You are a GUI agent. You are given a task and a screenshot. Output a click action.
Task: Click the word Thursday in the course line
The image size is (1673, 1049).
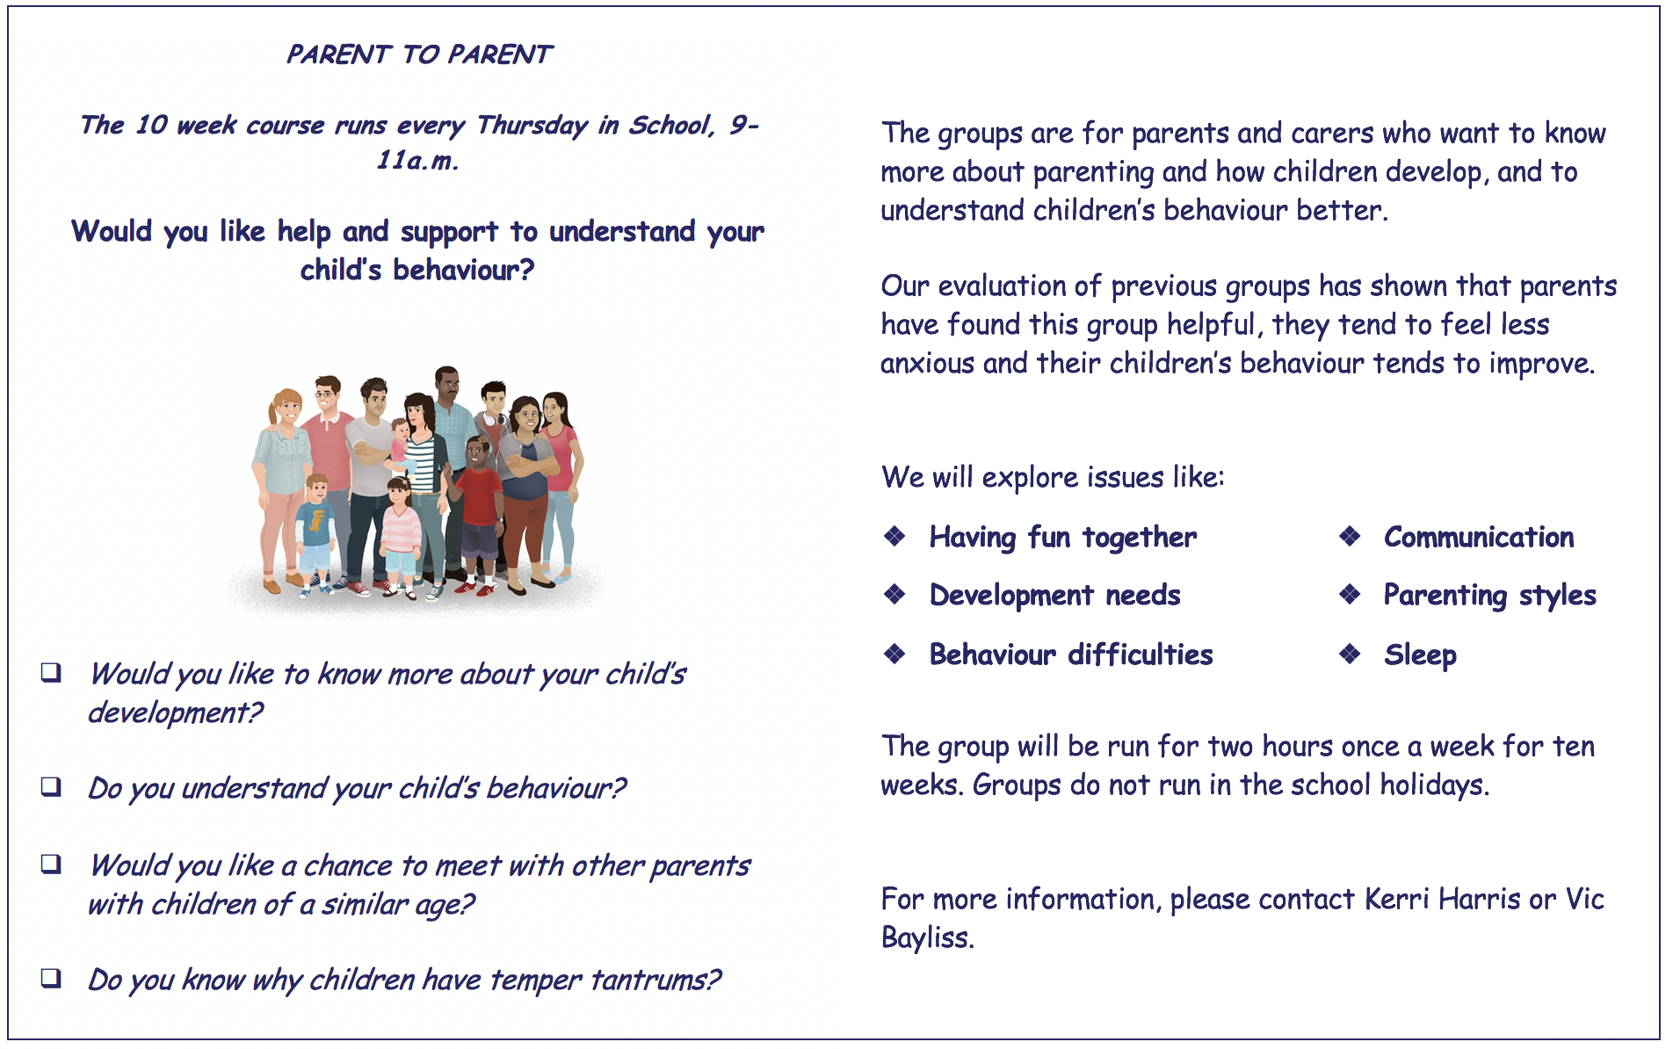pyautogui.click(x=532, y=126)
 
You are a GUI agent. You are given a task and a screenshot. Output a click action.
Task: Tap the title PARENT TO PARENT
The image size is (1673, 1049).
pyautogui.click(x=419, y=54)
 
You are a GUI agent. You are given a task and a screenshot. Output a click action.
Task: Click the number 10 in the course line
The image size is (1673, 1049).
pyautogui.click(x=151, y=125)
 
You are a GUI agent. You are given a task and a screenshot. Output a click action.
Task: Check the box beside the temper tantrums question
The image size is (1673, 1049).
pyautogui.click(x=51, y=977)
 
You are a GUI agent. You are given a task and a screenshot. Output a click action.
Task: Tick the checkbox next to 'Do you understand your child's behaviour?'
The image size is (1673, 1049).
pyautogui.click(x=51, y=785)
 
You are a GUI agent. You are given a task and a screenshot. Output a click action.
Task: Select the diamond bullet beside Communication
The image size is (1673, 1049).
pyautogui.click(x=1350, y=536)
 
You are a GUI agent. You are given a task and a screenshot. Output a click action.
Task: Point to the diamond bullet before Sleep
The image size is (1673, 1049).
pyautogui.click(x=1350, y=654)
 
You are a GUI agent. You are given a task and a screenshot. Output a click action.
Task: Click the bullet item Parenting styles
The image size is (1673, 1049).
pyautogui.click(x=1489, y=596)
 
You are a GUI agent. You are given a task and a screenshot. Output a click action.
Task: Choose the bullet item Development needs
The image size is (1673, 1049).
pyautogui.click(x=1054, y=596)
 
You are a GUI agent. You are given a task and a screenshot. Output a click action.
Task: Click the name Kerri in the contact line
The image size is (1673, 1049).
pyautogui.click(x=1397, y=899)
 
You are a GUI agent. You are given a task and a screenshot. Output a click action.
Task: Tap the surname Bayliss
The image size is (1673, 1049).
pyautogui.click(x=928, y=938)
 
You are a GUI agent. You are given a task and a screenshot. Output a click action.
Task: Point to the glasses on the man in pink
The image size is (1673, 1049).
pyautogui.click(x=327, y=394)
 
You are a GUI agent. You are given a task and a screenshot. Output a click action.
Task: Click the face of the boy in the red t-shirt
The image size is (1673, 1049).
pyautogui.click(x=477, y=453)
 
